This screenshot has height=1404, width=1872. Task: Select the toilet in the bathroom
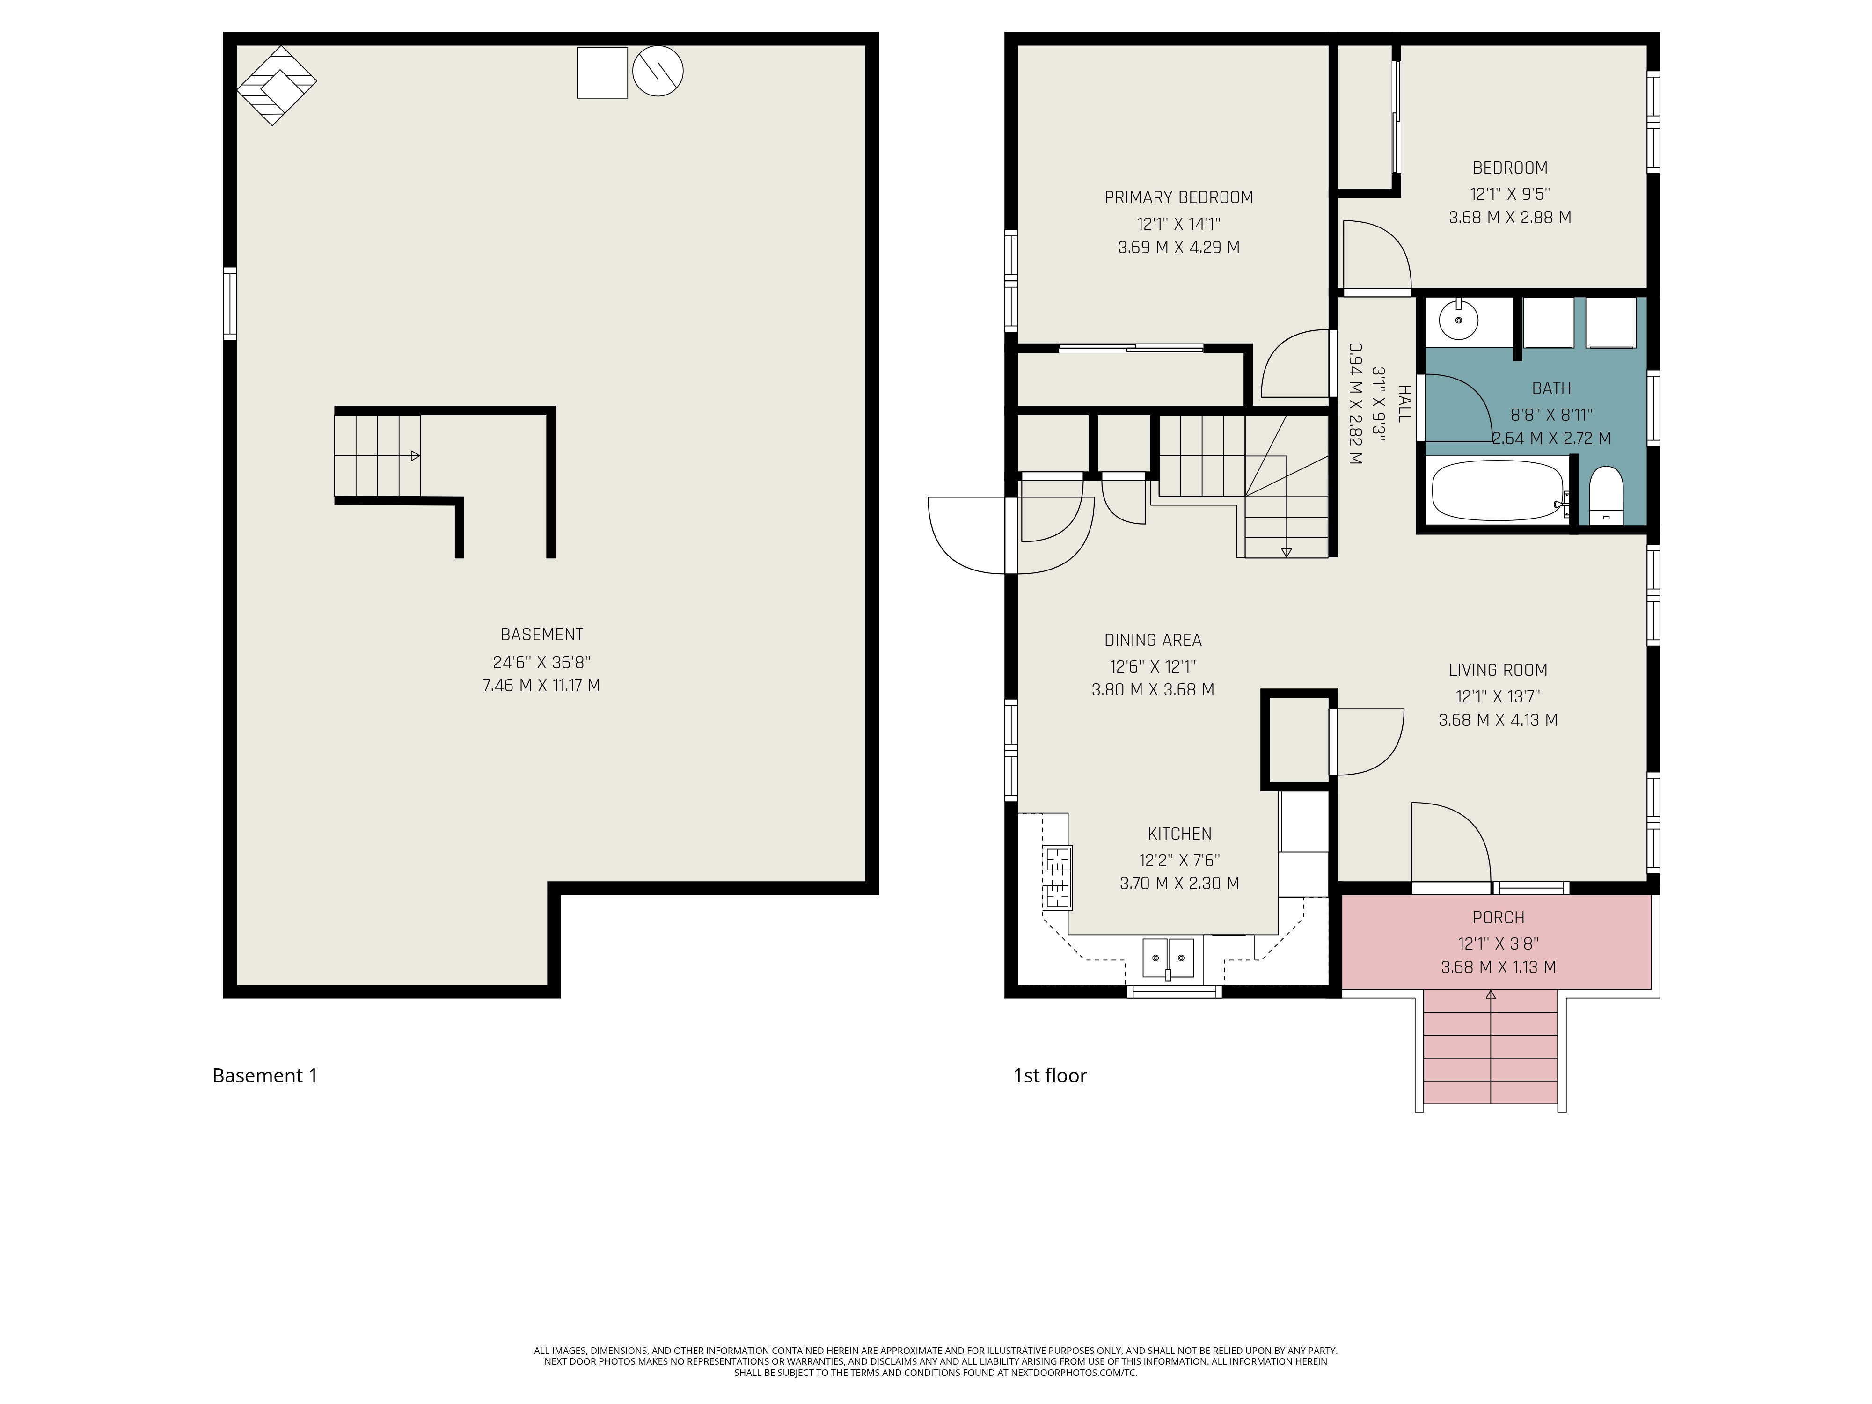(1605, 496)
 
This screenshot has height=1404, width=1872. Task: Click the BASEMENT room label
(541, 635)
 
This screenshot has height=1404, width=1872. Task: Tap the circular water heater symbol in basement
(658, 71)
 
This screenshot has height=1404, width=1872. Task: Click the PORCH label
(1498, 917)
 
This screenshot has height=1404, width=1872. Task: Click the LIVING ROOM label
(1498, 670)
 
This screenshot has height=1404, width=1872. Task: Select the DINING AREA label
(1153, 641)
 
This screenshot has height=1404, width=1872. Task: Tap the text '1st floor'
(1050, 1075)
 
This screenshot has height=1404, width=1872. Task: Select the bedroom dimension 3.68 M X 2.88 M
(1510, 218)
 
